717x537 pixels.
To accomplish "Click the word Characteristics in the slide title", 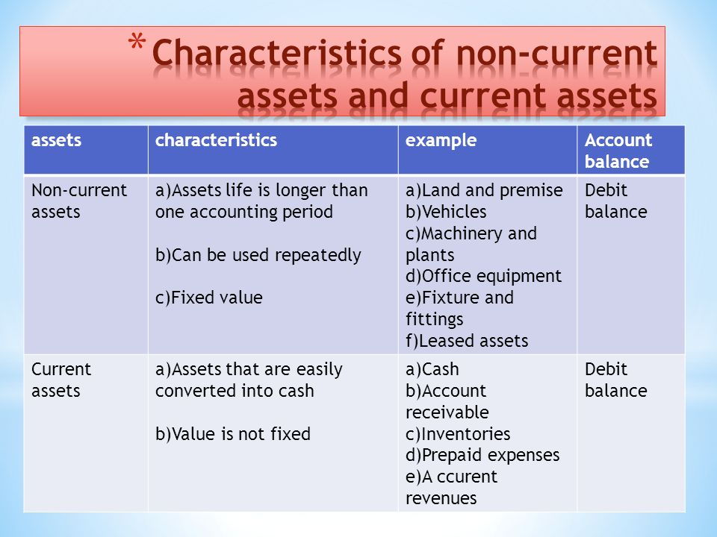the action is pyautogui.click(x=276, y=52).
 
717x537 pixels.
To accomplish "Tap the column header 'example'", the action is pyautogui.click(x=441, y=141).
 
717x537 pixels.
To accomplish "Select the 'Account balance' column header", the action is pyautogui.click(x=618, y=151).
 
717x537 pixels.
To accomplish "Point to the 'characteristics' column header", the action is pyautogui.click(x=216, y=140).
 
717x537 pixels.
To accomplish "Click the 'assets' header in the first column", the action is pyautogui.click(x=56, y=141).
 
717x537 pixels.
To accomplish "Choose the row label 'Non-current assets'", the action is pyautogui.click(x=79, y=201).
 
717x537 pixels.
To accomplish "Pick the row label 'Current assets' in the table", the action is pyautogui.click(x=61, y=380).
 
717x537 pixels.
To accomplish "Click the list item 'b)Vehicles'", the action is pyautogui.click(x=446, y=212).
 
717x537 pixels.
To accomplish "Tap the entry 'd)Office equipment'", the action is pyautogui.click(x=483, y=277).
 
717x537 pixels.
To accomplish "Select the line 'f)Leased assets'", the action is pyautogui.click(x=467, y=341).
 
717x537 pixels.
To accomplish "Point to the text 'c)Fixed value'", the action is pyautogui.click(x=209, y=298).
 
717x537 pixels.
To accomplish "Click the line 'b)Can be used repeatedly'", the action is pyautogui.click(x=258, y=255).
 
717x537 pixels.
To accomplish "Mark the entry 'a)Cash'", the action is pyautogui.click(x=432, y=369).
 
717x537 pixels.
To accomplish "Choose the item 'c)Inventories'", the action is pyautogui.click(x=458, y=434).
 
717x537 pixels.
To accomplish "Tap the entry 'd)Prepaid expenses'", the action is pyautogui.click(x=482, y=456).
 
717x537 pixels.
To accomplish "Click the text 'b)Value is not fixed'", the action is pyautogui.click(x=233, y=434).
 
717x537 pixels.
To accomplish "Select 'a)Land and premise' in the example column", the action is pyautogui.click(x=484, y=190).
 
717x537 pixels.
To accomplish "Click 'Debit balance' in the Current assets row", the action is pyautogui.click(x=615, y=380).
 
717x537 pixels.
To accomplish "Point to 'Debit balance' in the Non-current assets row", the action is pyautogui.click(x=615, y=201).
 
